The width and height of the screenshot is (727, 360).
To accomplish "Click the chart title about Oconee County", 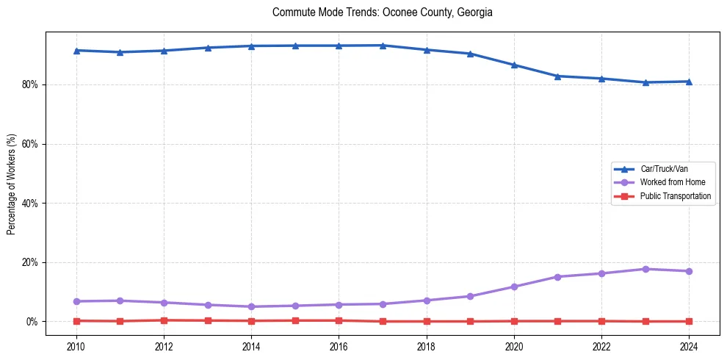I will [382, 12].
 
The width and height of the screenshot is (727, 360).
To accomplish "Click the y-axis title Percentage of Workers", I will [11, 184].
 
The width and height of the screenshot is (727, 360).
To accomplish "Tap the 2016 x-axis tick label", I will [339, 346].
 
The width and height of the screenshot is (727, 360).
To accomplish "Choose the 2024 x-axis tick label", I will [689, 346].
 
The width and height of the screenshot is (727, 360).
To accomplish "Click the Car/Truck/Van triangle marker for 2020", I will [514, 65].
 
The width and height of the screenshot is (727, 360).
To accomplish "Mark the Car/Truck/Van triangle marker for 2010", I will [76, 50].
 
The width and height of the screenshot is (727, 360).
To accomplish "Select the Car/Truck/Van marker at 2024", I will [689, 81].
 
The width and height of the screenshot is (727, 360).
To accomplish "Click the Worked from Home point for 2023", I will [645, 269].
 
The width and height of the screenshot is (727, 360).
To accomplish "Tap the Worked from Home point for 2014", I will [251, 306].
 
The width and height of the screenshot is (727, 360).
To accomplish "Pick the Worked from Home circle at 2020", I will [514, 287].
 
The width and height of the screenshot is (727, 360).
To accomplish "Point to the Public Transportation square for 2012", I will [164, 320].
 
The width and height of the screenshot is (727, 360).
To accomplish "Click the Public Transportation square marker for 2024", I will [689, 321].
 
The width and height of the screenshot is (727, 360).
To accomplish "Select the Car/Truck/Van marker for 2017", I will [383, 46].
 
